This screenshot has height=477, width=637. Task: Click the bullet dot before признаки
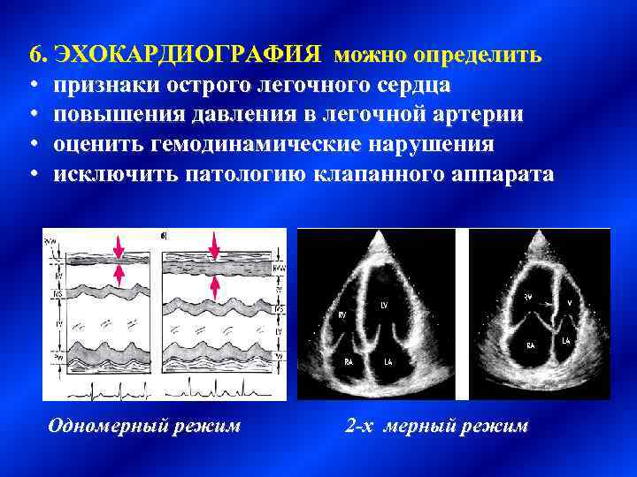tap(33, 87)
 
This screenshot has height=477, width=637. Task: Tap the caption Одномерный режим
tap(143, 426)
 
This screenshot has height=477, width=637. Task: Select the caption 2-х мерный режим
tap(436, 426)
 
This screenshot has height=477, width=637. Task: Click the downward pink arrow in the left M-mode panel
tap(118, 245)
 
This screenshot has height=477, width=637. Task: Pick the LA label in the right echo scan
tap(564, 341)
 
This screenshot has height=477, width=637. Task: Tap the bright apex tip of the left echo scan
tap(382, 238)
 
